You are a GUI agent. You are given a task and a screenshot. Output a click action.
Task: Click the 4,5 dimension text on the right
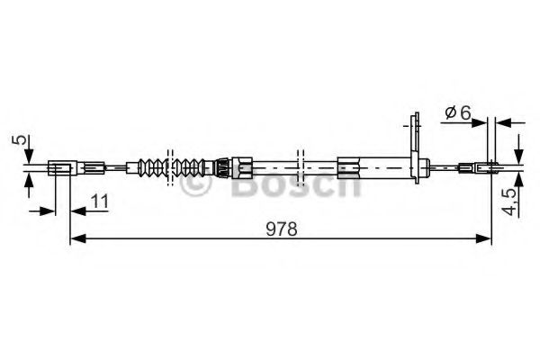[510, 200]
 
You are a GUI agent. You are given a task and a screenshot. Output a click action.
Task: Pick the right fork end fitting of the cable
[481, 166]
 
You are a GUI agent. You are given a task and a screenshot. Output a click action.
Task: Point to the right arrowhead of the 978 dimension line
[487, 238]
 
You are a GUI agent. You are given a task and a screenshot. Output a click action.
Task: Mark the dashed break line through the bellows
[169, 166]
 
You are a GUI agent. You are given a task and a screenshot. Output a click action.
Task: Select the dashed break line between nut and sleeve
[301, 166]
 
